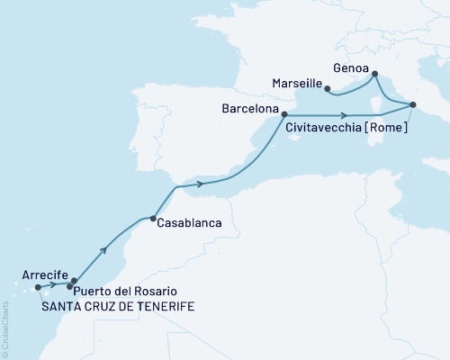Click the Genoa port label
350,66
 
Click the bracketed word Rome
389,128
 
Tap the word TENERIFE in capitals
166,306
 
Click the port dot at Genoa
374,74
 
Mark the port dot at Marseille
327,88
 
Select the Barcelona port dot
284,114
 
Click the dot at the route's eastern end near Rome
412,105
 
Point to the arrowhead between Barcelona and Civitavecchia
345,114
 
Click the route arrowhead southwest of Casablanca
109,246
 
